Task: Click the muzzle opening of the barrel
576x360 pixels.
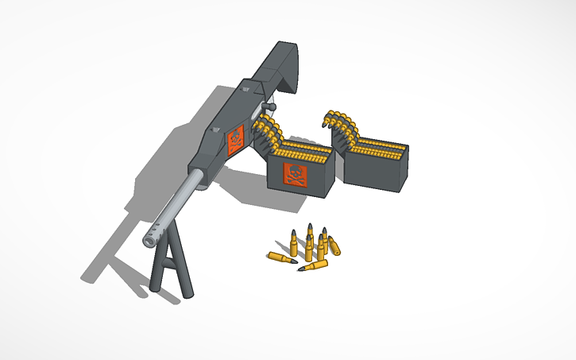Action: [149, 239]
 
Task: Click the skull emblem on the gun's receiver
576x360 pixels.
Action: [236, 140]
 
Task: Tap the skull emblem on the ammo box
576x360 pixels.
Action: [295, 176]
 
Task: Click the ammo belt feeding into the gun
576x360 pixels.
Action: [267, 131]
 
